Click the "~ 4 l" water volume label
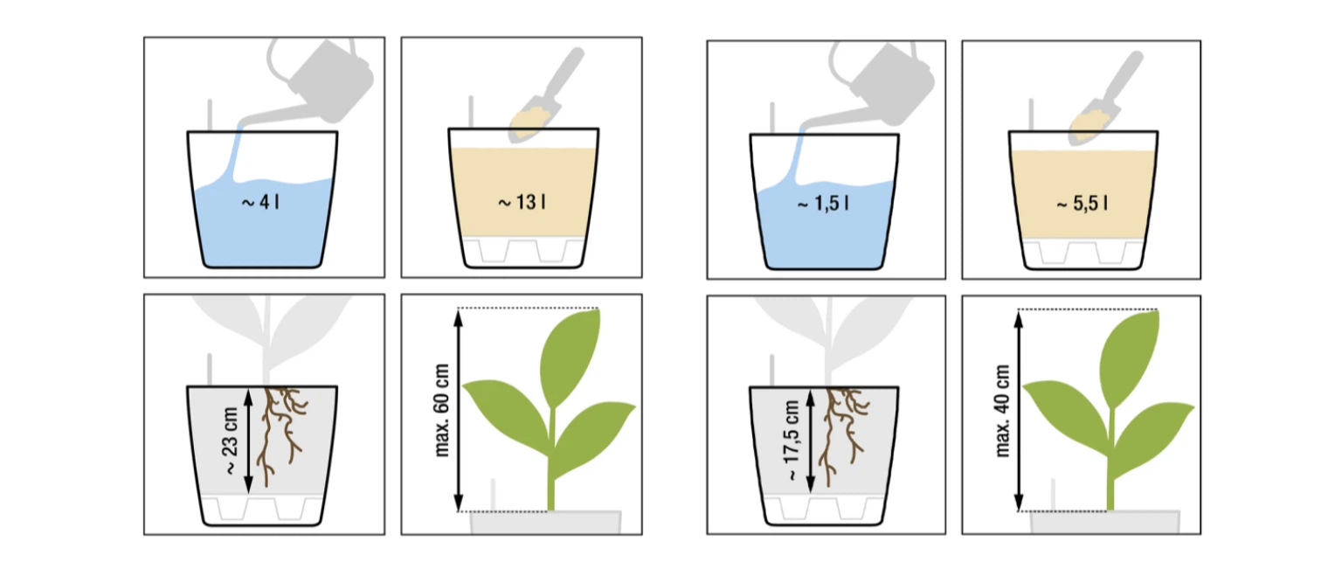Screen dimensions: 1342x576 coord(260,202)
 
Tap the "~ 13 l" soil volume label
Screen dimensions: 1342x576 coord(522,202)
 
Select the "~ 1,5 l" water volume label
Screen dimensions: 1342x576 coord(823,204)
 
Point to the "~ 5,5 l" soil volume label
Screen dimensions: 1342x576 coord(1082,204)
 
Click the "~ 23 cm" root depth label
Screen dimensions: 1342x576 coord(230,441)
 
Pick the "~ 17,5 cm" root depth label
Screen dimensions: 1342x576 coord(792,440)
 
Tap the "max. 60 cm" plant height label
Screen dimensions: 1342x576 coord(441,410)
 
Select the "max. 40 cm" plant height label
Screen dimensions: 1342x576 coord(1002,411)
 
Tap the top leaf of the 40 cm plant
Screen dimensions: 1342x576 coord(1129,358)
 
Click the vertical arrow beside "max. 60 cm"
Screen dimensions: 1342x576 coord(459,410)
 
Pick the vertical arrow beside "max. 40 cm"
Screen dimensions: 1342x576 coord(1019,411)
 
